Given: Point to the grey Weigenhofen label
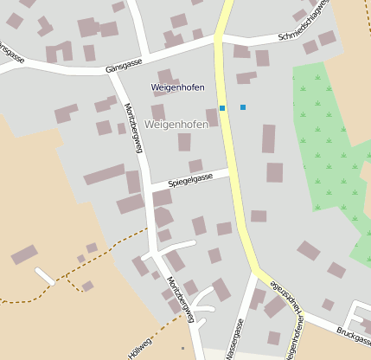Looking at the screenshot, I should point(176,125).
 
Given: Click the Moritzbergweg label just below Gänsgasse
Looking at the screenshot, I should point(132,126).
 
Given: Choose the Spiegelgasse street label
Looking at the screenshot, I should point(190,180).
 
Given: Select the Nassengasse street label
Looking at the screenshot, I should point(233,339).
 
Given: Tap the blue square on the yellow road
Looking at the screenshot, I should point(222,108).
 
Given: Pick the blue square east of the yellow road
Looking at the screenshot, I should point(243,107).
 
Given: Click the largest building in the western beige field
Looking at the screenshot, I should point(24,254).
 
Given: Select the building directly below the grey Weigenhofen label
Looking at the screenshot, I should point(184,142).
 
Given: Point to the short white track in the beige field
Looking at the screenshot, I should point(45,276).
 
